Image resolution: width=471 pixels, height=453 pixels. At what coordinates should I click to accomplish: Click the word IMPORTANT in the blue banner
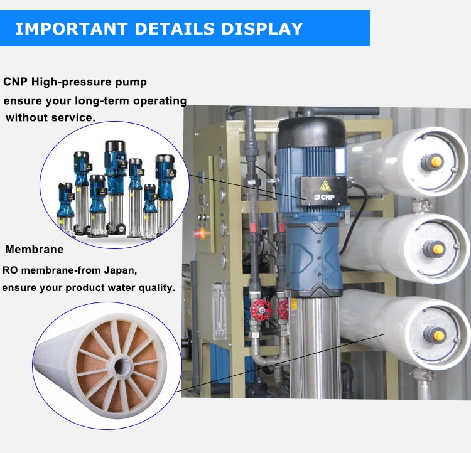pos(72,29)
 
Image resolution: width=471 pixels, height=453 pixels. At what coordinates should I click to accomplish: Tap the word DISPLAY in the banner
pos(262,29)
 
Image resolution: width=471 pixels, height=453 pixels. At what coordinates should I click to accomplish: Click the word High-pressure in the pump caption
pos(72,82)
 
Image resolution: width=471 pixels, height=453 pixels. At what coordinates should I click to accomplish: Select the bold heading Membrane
pos(35,249)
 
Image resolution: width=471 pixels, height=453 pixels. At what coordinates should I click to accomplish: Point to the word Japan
pos(121,270)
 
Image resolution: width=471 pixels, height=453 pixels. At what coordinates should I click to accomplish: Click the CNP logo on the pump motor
pos(325,197)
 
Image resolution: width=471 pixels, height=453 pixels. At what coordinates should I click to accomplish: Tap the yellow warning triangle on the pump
pos(325,186)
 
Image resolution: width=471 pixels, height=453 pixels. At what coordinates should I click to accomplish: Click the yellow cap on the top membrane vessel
pos(436,162)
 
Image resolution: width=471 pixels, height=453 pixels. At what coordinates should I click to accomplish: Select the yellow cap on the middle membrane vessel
pos(438,249)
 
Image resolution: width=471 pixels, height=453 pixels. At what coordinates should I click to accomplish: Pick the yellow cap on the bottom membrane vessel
pos(439,336)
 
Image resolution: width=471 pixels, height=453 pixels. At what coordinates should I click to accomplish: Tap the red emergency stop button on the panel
pos(198,233)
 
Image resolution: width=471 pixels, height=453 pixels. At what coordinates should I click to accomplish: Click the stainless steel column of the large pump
pos(315,348)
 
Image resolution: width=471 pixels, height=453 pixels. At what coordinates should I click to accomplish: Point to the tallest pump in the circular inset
pos(116,187)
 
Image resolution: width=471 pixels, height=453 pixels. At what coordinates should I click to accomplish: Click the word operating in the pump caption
pos(160,101)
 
